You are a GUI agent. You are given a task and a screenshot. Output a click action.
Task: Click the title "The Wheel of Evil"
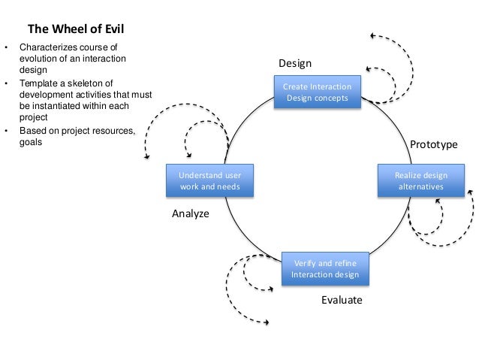click(76, 30)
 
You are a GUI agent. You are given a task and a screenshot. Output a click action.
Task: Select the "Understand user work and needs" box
click(209, 180)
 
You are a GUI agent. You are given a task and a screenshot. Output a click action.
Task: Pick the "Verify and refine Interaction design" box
click(325, 268)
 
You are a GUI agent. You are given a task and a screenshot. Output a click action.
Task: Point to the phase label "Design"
click(295, 62)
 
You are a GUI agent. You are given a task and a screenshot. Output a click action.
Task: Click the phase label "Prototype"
click(433, 144)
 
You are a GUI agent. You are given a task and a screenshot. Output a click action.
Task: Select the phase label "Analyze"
click(191, 213)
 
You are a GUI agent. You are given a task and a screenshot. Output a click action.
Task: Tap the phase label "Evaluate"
click(342, 300)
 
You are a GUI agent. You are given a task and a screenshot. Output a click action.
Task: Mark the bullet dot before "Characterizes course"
click(7, 49)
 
